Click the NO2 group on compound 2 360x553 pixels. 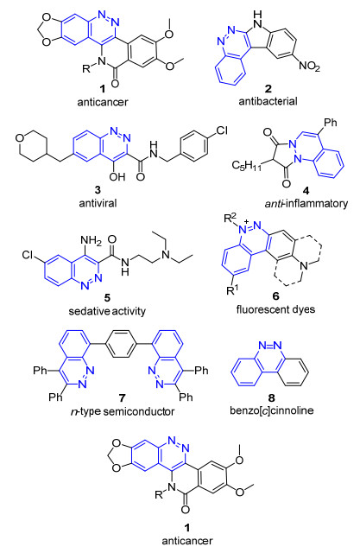[309, 66]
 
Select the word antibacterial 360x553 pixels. [268, 101]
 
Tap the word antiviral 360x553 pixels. [98, 203]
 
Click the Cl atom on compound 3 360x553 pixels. [222, 130]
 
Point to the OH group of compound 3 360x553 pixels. [117, 176]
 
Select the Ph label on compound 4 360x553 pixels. [331, 123]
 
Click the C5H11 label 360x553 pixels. [247, 165]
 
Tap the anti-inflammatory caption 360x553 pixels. [306, 204]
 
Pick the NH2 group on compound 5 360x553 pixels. [91, 241]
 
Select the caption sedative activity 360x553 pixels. [107, 311]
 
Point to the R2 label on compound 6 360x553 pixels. [231, 219]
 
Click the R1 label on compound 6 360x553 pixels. [231, 291]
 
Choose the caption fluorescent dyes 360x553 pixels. [275, 309]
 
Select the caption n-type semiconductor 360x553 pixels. [123, 411]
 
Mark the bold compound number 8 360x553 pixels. [272, 398]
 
